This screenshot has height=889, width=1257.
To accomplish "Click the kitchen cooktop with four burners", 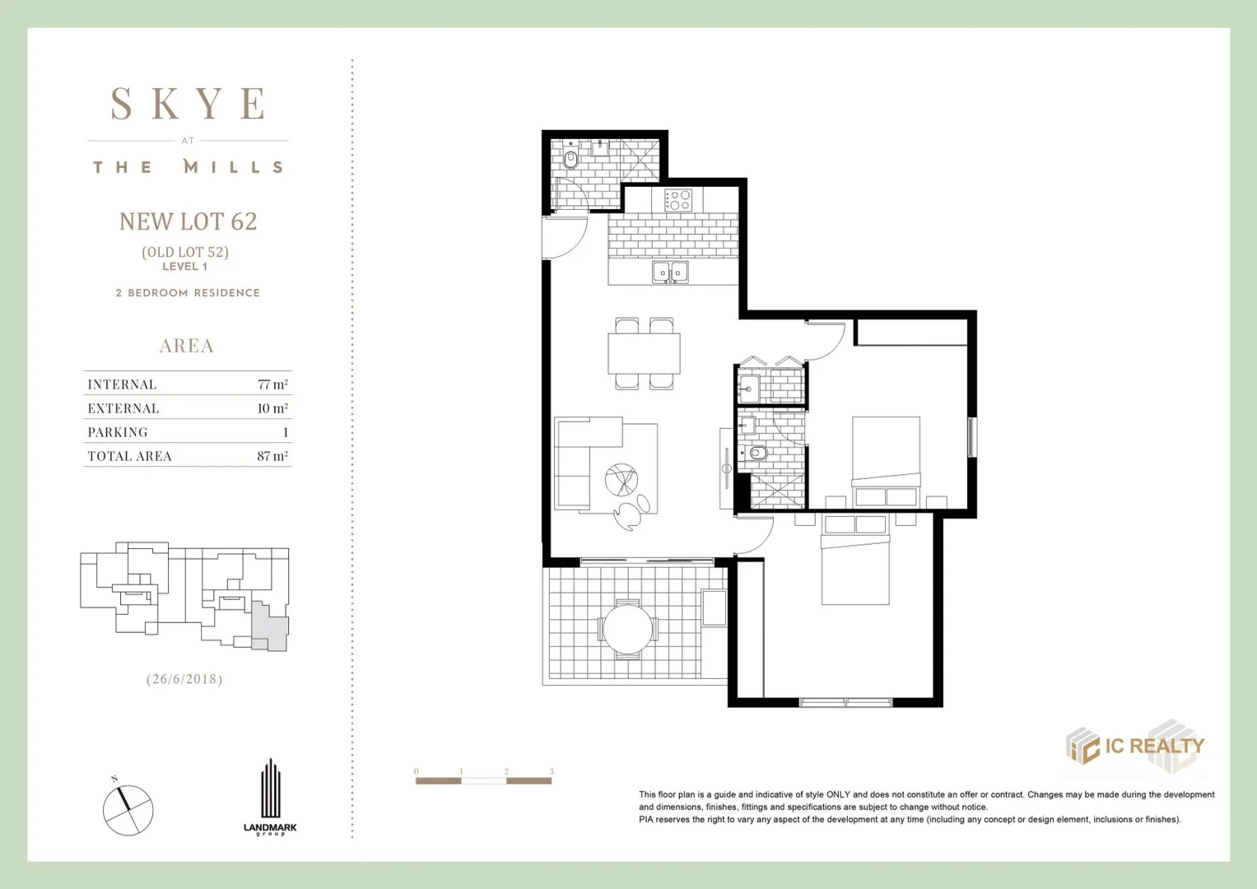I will click(678, 200).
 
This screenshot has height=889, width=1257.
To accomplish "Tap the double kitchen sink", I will click(670, 272).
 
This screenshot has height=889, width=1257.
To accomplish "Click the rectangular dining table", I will click(644, 354).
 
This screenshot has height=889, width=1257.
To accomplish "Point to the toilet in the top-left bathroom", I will click(570, 158).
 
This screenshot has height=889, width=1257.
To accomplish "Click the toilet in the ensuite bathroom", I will click(757, 453).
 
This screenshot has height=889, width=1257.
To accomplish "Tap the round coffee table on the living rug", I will click(621, 480).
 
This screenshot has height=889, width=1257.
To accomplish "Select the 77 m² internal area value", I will click(272, 384).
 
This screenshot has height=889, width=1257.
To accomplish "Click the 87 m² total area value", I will click(272, 456).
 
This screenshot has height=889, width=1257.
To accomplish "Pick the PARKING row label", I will click(118, 432).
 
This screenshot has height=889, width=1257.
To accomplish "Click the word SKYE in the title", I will click(189, 105).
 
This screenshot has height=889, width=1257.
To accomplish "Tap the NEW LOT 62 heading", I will click(188, 221).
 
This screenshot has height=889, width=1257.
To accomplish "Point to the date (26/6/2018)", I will click(184, 679).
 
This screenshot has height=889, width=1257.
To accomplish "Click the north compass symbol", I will click(128, 810).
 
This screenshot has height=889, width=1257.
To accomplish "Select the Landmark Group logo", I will click(270, 797).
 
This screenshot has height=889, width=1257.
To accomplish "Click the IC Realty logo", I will click(1135, 747).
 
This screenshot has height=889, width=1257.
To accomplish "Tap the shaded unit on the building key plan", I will click(270, 627).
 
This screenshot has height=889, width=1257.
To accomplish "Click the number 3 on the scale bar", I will click(552, 771).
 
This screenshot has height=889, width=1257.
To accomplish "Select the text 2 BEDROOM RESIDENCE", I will click(188, 293).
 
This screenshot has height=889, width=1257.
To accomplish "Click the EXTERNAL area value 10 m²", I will click(272, 408).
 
